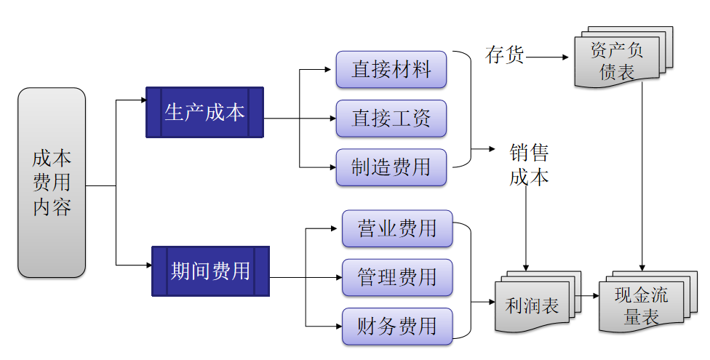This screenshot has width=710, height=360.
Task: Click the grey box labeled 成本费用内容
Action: pyautogui.click(x=51, y=183)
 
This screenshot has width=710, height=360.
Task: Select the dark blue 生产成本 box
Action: pyautogui.click(x=204, y=113)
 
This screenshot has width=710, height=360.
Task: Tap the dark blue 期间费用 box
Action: pyautogui.click(x=210, y=271)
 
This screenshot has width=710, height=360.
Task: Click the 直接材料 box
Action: pyautogui.click(x=391, y=70)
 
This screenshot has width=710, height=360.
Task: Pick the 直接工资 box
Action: pyautogui.click(x=391, y=119)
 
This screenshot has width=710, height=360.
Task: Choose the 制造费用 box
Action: pyautogui.click(x=391, y=167)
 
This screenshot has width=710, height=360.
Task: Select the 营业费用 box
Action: pyautogui.click(x=396, y=229)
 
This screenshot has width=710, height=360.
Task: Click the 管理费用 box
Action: pyautogui.click(x=396, y=277)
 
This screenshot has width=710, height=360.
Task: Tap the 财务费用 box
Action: pyautogui.click(x=396, y=326)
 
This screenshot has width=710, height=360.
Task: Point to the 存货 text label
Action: pyautogui.click(x=505, y=55)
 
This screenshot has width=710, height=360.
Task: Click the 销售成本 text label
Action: pyautogui.click(x=529, y=165)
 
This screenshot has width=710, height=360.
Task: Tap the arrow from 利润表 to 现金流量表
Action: pyautogui.click(x=589, y=297)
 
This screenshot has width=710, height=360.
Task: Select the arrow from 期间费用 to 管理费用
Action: pyautogui.click(x=306, y=277)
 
